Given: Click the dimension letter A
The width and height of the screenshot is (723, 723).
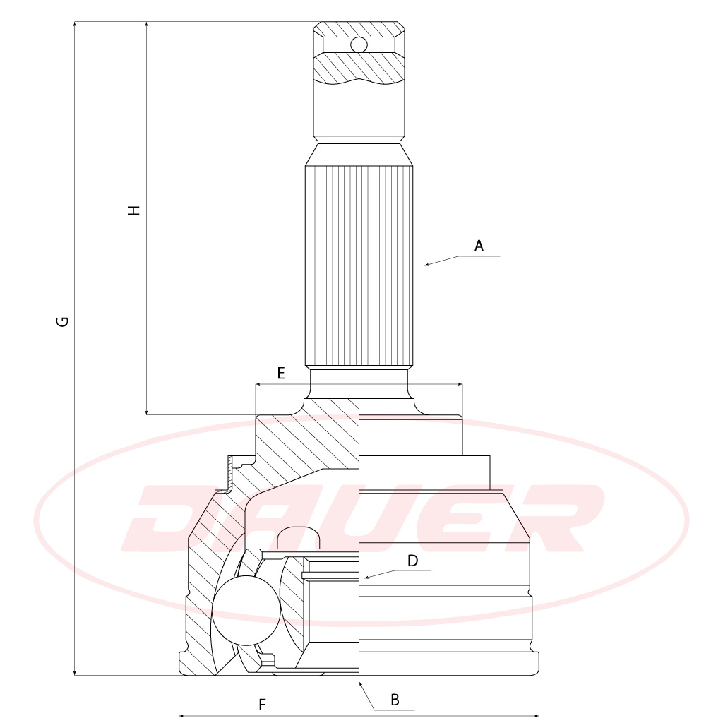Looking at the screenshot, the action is pyautogui.click(x=479, y=246).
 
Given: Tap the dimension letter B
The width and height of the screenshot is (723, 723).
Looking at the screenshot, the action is pyautogui.click(x=395, y=700).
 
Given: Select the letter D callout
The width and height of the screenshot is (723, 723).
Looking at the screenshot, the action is pyautogui.click(x=412, y=561).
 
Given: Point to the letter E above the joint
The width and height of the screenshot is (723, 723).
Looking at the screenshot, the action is pyautogui.click(x=281, y=373).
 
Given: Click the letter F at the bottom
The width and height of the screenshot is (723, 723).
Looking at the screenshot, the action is pyautogui.click(x=262, y=705).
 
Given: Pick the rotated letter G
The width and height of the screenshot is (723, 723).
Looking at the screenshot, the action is pyautogui.click(x=62, y=321).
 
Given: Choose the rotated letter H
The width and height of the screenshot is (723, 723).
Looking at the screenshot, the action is pyautogui.click(x=133, y=210).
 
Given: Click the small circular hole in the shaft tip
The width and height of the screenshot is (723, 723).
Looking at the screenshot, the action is pyautogui.click(x=359, y=45).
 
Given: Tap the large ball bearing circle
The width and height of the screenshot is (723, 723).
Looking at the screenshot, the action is pyautogui.click(x=246, y=610).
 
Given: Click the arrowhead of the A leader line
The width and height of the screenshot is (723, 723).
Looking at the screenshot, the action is pyautogui.click(x=427, y=264).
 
